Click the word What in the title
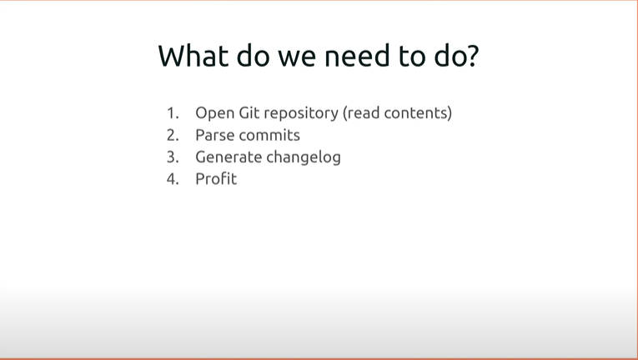pos(193,55)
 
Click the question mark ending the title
pos(472,56)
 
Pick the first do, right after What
pos(253,56)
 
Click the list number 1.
pos(173,112)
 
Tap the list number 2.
pos(173,135)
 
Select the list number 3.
pos(173,157)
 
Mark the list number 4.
pos(173,179)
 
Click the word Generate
pos(229,157)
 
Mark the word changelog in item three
pos(304,157)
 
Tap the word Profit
pos(216,179)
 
